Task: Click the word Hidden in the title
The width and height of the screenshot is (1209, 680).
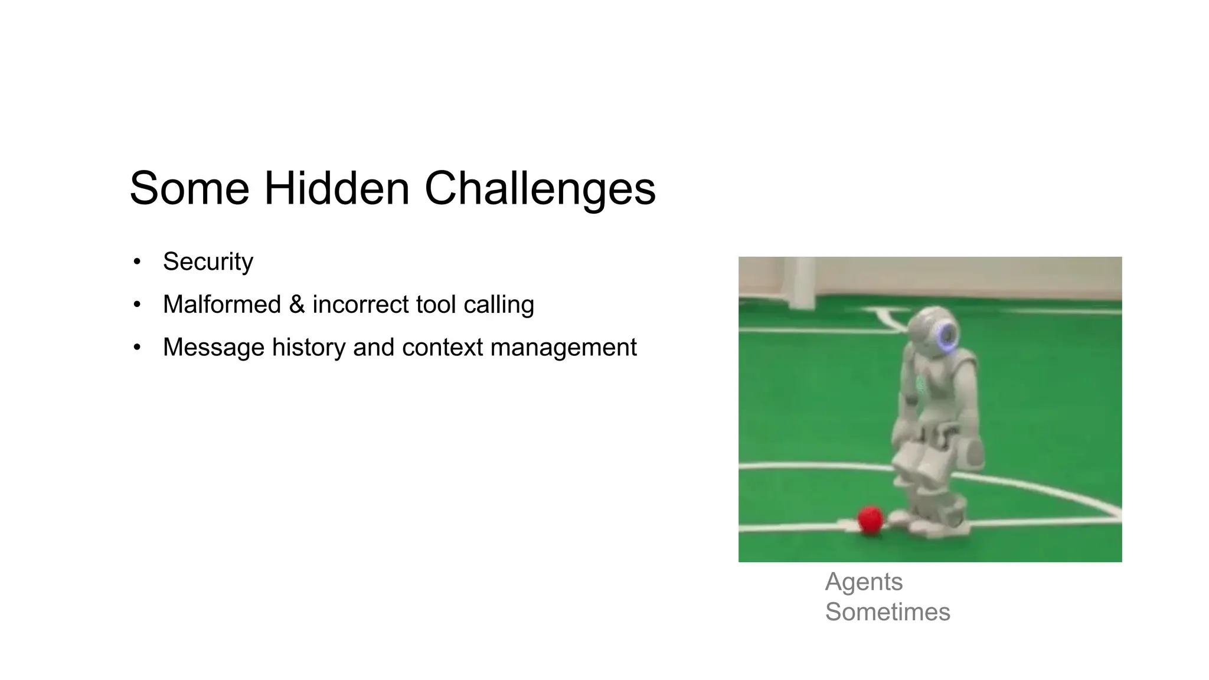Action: (x=336, y=189)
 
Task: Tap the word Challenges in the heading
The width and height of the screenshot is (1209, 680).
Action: (x=540, y=189)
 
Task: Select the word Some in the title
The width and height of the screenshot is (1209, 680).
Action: (x=189, y=189)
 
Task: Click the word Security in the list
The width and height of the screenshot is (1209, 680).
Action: (x=208, y=261)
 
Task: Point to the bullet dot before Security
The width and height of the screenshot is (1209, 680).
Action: (x=137, y=261)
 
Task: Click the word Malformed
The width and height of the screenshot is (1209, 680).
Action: (x=221, y=305)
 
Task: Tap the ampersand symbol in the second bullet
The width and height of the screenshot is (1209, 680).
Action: (x=297, y=305)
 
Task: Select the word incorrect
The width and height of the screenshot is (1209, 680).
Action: (x=360, y=305)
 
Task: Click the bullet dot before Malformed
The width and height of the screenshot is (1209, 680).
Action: (x=137, y=305)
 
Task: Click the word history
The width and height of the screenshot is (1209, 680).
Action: (x=308, y=347)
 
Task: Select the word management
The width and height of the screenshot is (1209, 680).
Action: (x=563, y=347)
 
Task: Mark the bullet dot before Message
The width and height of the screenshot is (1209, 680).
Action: (x=137, y=347)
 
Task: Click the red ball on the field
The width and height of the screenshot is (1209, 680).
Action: (x=870, y=519)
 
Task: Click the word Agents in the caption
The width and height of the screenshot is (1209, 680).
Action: (x=864, y=582)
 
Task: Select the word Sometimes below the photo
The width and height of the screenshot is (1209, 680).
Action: (x=887, y=612)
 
